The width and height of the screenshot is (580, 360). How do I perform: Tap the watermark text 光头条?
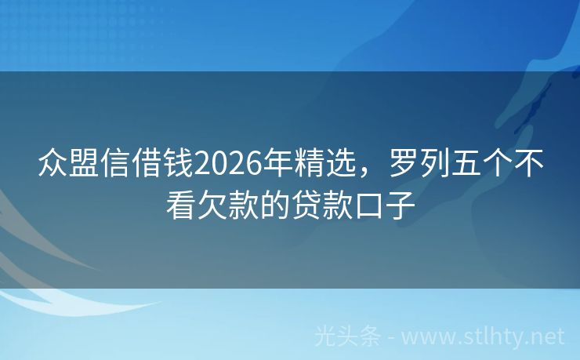348,336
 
